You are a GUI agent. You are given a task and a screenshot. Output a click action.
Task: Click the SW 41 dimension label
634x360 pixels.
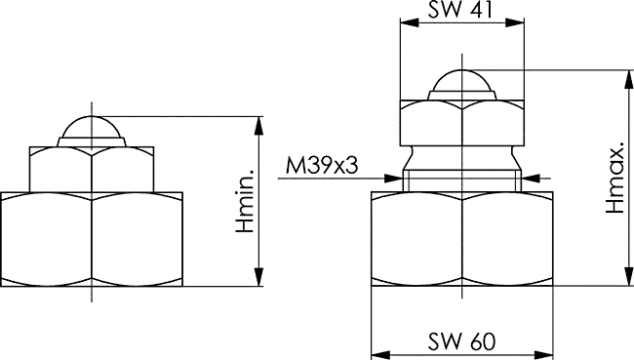pyautogui.click(x=460, y=9)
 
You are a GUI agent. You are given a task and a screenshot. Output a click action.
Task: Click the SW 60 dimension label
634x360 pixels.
pyautogui.click(x=461, y=341)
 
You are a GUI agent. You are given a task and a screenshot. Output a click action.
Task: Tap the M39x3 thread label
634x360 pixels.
pyautogui.click(x=322, y=166)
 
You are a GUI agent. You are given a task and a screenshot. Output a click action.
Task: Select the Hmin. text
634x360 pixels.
pyautogui.click(x=246, y=201)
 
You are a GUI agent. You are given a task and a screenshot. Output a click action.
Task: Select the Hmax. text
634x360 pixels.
pyautogui.click(x=615, y=178)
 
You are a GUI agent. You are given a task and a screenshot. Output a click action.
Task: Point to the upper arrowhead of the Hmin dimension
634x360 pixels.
pyautogui.click(x=259, y=126)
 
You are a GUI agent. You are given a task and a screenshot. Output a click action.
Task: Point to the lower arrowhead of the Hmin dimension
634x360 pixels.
pyautogui.click(x=259, y=277)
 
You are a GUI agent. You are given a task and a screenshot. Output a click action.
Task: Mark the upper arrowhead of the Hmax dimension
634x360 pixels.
pyautogui.click(x=629, y=79)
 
